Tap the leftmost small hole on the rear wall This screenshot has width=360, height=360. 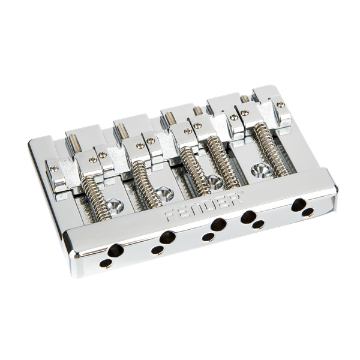click(x=105, y=263)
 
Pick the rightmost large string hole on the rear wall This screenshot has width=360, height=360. click(x=298, y=205)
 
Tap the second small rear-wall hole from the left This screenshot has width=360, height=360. click(x=157, y=250)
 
